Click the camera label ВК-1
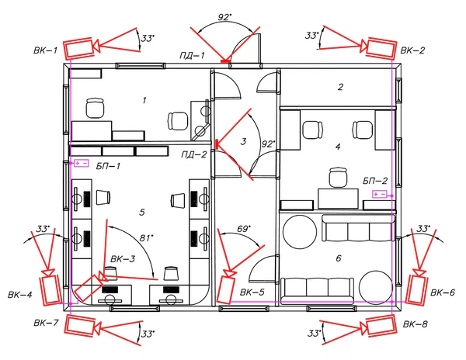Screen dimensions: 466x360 pyautogui.click(x=45, y=50)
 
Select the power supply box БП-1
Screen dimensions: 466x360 pyautogui.click(x=81, y=163)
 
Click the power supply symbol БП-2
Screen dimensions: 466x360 pyautogui.click(x=380, y=195)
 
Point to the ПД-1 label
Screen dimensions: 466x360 pyautogui.click(x=192, y=55)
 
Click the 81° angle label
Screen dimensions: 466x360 pyautogui.click(x=147, y=238)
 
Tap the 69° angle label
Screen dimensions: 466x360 pyautogui.click(x=244, y=229)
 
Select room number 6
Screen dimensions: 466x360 pyautogui.click(x=339, y=258)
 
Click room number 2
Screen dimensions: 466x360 pyautogui.click(x=341, y=87)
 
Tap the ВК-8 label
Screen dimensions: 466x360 pyautogui.click(x=415, y=324)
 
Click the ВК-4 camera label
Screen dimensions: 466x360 pyautogui.click(x=19, y=295)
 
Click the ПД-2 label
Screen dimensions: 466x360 pyautogui.click(x=193, y=154)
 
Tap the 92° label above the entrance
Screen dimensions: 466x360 pyautogui.click(x=224, y=17)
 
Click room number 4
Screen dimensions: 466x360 pyautogui.click(x=338, y=147)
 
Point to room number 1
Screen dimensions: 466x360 pyautogui.click(x=144, y=100)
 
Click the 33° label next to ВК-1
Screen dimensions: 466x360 pyautogui.click(x=148, y=38)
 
